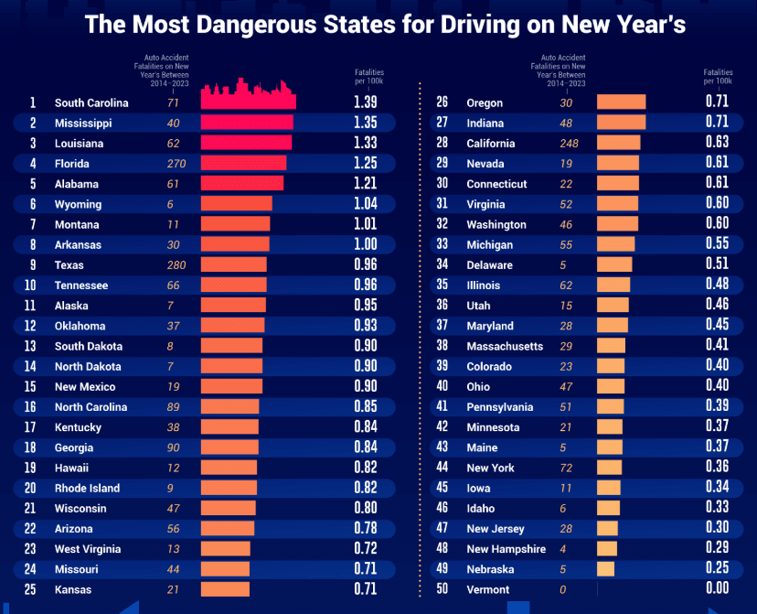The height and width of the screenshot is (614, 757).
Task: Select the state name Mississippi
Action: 83,124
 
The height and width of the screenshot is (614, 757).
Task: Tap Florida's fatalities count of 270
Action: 176,164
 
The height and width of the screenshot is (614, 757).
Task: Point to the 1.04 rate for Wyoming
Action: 365,204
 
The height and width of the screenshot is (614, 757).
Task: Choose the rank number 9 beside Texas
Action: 33,265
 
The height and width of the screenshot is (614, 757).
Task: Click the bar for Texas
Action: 233,264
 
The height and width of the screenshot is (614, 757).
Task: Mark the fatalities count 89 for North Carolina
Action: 173,407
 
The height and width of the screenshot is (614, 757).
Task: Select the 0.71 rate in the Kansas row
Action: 365,589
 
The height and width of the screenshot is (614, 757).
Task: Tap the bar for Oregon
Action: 621,102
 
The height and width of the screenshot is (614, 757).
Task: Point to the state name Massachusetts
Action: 505,346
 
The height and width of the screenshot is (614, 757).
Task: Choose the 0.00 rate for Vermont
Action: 717,589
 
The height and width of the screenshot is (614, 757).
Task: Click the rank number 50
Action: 442,589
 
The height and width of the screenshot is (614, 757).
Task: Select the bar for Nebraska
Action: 605,569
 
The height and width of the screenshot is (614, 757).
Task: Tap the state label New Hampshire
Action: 506,549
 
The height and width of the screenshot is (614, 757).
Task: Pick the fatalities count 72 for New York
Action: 567,468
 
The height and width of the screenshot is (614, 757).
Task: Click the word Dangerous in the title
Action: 240,25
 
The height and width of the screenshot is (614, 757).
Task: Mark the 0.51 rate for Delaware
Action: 717,264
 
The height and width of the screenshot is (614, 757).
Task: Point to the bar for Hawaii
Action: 229,468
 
